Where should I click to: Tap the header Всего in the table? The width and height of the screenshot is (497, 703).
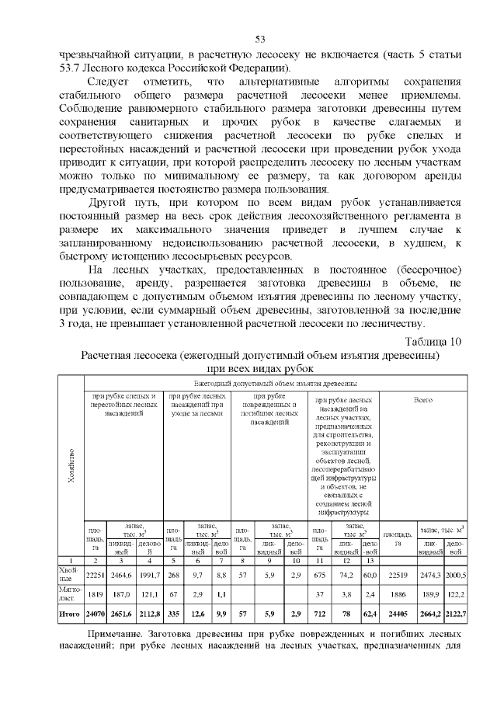[423, 400]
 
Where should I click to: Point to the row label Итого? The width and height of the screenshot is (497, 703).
[70, 614]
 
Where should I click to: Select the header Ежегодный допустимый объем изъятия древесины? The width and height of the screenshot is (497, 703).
[275, 383]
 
